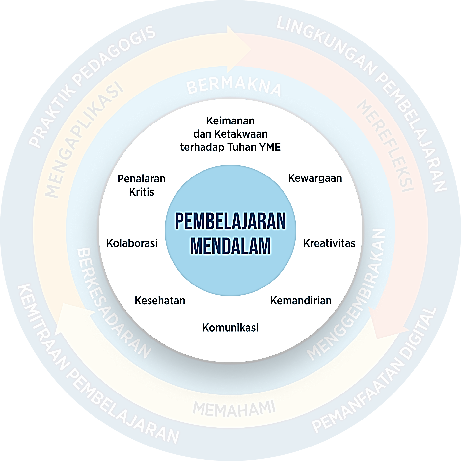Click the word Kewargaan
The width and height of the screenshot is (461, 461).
(x=315, y=178)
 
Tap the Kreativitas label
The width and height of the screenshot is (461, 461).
(x=329, y=243)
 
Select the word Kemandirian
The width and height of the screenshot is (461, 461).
(x=301, y=300)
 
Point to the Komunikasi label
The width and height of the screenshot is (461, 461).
(x=230, y=328)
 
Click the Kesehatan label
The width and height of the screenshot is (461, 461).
(x=160, y=300)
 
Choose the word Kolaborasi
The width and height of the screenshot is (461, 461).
(x=132, y=243)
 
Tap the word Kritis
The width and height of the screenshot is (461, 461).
(x=142, y=192)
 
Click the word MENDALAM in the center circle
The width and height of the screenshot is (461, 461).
(x=230, y=246)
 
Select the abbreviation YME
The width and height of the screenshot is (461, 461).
(x=270, y=147)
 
